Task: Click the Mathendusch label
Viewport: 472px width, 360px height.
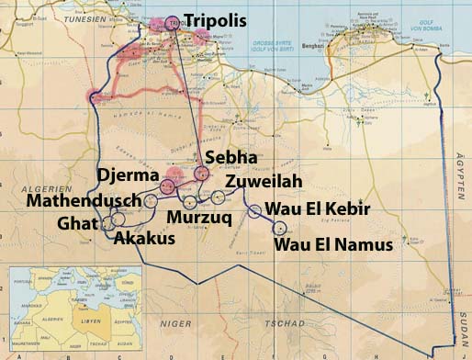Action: click(x=84, y=200)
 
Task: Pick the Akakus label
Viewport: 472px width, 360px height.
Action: click(x=148, y=237)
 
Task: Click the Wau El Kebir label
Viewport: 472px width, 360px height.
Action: click(x=317, y=210)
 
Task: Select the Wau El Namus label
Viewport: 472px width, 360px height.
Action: click(x=334, y=243)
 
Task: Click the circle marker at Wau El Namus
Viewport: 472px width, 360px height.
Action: click(x=280, y=228)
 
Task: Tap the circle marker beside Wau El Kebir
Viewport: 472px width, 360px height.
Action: click(x=255, y=211)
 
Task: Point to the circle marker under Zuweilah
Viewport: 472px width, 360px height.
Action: click(x=218, y=197)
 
